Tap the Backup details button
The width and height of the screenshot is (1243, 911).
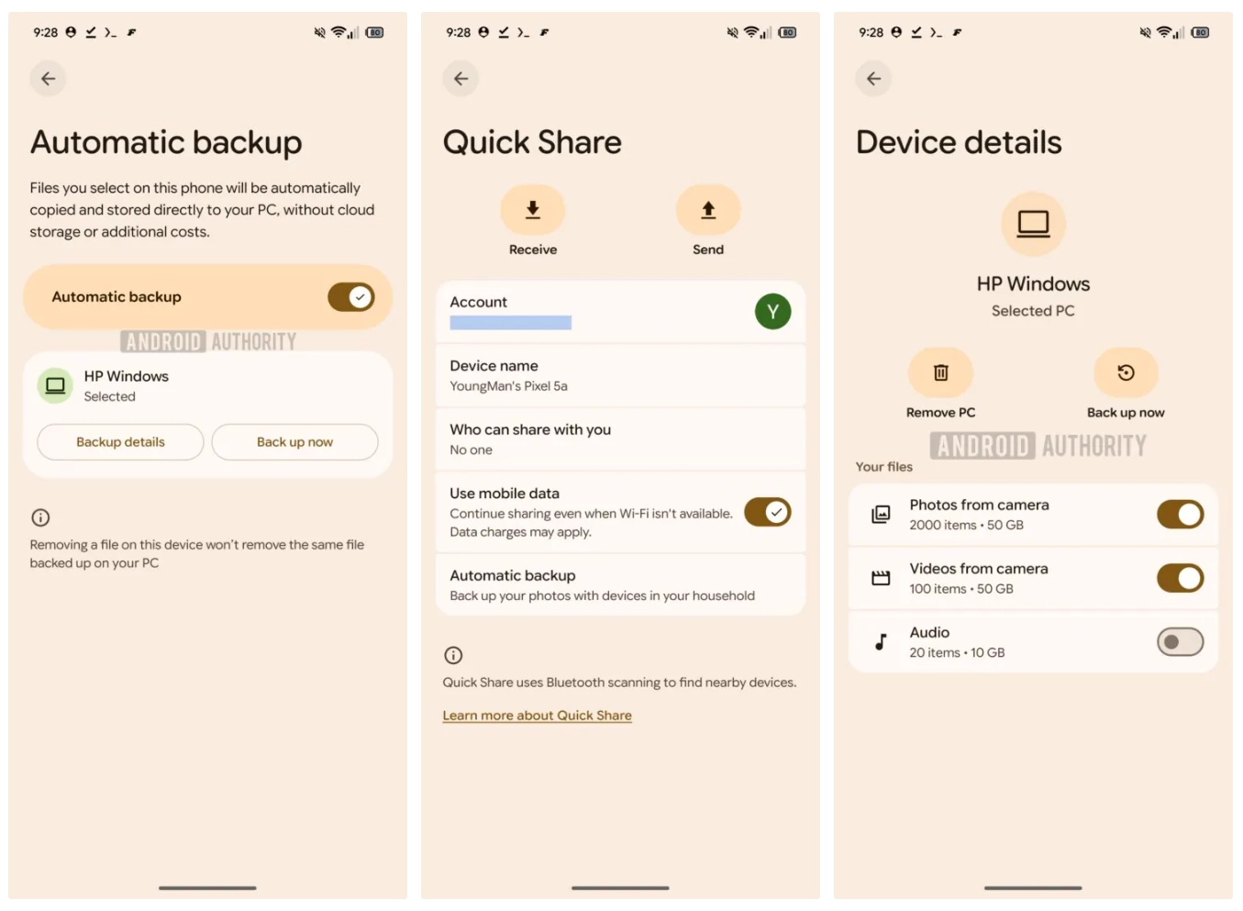pos(120,442)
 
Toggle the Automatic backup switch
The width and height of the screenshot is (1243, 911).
pos(350,297)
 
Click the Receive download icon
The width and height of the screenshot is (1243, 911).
pos(533,210)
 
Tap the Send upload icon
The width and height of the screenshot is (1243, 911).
pos(708,210)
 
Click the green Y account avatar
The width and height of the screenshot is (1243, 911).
pos(773,311)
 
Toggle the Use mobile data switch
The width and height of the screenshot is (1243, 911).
pos(768,512)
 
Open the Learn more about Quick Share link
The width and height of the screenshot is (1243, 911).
pos(538,716)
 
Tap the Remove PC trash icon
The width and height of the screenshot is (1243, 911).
pos(940,372)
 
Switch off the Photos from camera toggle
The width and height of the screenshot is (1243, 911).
pos(1181,515)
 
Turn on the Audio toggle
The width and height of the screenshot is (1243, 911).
pos(1181,642)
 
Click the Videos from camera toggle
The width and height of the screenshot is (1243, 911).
pos(1181,579)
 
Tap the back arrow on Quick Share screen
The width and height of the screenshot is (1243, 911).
pos(461,79)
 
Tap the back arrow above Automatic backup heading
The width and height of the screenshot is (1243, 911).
pos(48,79)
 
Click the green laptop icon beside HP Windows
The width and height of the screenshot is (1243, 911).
pos(55,385)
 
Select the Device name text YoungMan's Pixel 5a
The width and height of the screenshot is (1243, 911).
pos(509,386)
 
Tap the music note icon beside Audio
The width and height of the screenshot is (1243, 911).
pos(881,642)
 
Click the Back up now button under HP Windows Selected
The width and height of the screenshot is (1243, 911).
pos(294,442)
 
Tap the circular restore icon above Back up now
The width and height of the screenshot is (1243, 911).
pos(1126,372)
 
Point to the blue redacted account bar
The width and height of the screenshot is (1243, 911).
pos(511,323)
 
